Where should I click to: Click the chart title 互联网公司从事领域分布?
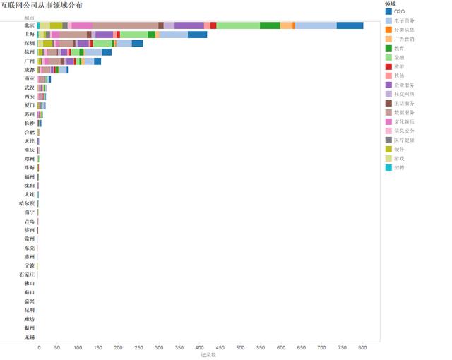point(41,5)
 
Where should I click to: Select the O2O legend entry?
point(399,12)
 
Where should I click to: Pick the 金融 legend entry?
point(400,57)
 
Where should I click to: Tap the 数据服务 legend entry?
point(404,112)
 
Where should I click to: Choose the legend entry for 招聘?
point(400,167)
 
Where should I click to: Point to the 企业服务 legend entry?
point(404,85)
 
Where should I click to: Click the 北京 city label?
point(28,25)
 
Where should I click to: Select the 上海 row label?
point(28,34)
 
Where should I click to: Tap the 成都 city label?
point(28,70)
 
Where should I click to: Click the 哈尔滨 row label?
point(27,203)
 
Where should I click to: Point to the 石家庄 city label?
point(27,274)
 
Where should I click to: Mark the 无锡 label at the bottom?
point(28,337)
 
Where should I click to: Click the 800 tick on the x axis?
point(363,348)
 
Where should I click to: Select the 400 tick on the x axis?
point(201,348)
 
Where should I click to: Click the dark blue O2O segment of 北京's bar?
point(350,25)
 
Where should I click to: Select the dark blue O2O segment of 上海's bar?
point(197,34)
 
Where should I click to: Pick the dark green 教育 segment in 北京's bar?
point(270,25)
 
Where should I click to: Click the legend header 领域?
point(390,4)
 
